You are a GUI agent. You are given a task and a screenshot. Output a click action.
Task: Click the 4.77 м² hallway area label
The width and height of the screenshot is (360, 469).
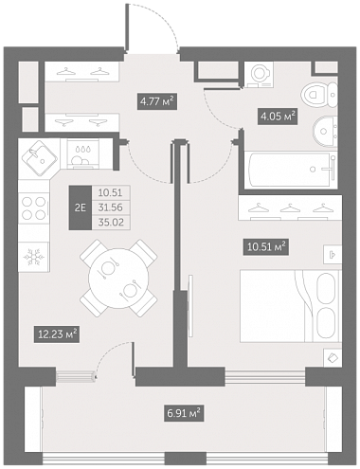[157, 101]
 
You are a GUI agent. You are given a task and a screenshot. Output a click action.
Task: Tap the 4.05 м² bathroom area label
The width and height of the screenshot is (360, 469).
[278, 117]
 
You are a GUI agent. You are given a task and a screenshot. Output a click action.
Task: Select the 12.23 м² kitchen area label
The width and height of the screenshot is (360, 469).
[57, 334]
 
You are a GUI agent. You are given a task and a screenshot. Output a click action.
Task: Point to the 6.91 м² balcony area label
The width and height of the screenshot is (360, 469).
[184, 413]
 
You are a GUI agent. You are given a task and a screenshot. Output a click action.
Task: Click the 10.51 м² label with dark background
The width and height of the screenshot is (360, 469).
[266, 246]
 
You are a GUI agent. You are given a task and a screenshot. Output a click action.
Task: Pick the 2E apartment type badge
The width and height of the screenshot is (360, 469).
[81, 207]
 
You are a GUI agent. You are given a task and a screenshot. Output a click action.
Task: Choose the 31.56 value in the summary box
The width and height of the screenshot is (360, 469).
[110, 207]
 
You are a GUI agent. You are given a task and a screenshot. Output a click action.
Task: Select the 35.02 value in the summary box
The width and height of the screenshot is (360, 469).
[110, 223]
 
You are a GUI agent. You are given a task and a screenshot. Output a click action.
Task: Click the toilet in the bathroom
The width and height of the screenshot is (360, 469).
[319, 95]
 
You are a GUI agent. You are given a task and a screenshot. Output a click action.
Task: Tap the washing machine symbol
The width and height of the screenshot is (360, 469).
[260, 75]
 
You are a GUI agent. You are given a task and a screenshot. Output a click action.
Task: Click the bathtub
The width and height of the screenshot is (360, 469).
[290, 170]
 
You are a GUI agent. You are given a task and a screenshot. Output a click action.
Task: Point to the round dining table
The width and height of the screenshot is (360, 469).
[118, 279]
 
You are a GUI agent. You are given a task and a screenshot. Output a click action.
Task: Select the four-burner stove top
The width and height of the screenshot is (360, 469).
[33, 208]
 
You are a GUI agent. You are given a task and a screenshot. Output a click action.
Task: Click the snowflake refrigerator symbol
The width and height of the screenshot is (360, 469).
[33, 257]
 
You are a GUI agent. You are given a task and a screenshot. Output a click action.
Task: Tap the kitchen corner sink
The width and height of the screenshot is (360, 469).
[39, 158]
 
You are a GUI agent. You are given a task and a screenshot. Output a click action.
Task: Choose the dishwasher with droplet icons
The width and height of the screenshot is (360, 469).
[82, 153]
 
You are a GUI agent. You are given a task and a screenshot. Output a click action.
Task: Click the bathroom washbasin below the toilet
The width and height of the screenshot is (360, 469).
[325, 132]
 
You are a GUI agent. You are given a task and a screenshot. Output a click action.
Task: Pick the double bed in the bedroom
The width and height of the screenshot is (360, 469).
[291, 306]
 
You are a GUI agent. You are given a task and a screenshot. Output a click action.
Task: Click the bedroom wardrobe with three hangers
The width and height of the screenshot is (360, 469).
[291, 207]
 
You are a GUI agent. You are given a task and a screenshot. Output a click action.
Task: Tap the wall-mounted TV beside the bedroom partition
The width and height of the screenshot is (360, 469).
[190, 306]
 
